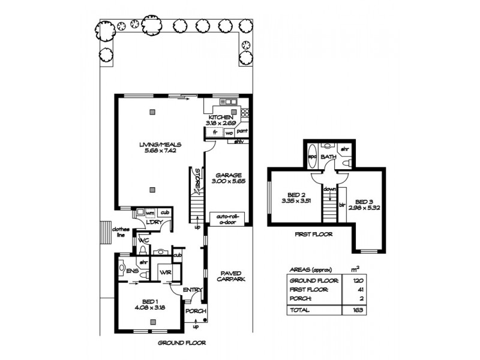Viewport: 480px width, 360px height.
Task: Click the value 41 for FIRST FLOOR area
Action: coord(359,290)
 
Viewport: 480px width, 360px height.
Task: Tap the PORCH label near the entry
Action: coord(195,311)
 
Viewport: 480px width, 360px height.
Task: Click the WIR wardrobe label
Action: coord(164,273)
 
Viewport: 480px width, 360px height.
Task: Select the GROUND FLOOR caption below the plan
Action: coord(181,343)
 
